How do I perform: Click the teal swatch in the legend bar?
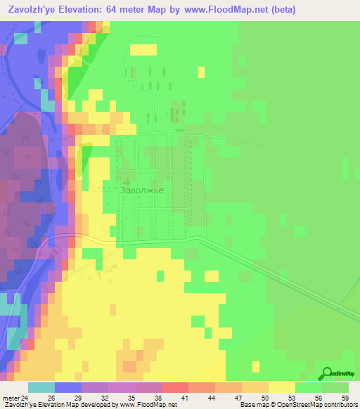(x=41, y=387)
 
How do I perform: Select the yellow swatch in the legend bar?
(x=281, y=387)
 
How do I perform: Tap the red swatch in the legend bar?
(x=174, y=387)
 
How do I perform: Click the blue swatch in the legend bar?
(x=68, y=387)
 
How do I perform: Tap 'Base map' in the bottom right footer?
(x=254, y=405)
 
